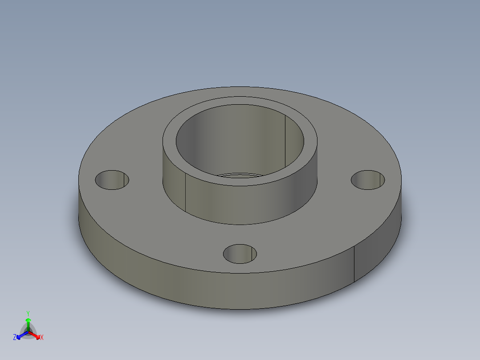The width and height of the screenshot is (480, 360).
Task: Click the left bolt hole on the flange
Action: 112,180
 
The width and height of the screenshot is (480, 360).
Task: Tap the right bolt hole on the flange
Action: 368,180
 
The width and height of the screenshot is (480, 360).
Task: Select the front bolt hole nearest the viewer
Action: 240,253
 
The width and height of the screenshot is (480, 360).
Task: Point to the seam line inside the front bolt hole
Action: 256,254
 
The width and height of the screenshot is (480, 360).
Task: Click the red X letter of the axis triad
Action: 41,337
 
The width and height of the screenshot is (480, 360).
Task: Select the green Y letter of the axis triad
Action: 28,313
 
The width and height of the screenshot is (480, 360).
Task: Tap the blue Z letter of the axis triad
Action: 15,337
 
